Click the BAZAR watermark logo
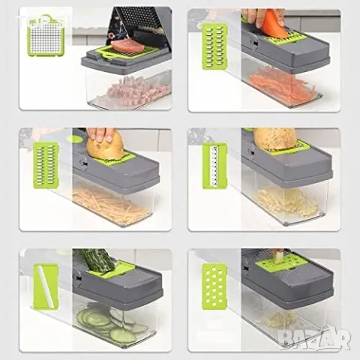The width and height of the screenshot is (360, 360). click(315, 338)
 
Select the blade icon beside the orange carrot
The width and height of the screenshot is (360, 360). click(214, 46)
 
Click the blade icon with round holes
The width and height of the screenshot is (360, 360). click(214, 286)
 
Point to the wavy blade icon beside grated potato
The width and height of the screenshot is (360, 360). click(214, 166)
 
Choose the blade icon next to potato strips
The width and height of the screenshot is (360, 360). click(46, 165)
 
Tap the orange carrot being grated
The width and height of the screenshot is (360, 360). click(273, 23)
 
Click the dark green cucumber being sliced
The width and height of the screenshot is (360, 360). click(96, 260)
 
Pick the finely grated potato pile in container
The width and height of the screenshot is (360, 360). click(285, 202)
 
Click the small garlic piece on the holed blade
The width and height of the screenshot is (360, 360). click(280, 257)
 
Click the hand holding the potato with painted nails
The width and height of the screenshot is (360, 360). click(100, 135)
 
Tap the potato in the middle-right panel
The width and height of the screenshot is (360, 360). click(274, 139)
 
